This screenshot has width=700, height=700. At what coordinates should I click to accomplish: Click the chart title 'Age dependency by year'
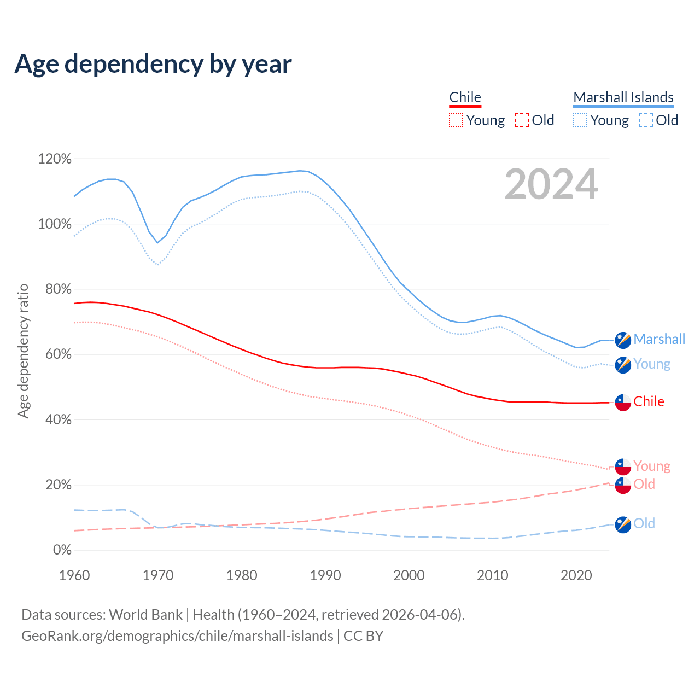(153, 64)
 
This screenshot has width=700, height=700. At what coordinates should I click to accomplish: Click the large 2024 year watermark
(551, 184)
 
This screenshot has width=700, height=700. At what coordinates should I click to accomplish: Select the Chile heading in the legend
(465, 97)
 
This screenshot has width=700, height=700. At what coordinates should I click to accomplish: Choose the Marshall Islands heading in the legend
(623, 97)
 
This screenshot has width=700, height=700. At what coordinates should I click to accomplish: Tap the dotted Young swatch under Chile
(456, 120)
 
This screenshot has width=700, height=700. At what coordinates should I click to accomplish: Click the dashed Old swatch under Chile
(522, 120)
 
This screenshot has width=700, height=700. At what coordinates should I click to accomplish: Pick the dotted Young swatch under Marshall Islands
(580, 120)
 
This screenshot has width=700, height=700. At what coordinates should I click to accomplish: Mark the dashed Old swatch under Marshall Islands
(646, 120)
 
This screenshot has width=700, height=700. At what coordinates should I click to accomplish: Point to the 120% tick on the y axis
(55, 159)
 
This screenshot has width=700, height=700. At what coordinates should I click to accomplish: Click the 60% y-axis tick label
(58, 354)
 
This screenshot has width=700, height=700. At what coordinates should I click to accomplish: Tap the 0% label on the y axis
(62, 550)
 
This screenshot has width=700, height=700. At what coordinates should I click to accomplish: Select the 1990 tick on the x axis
(325, 575)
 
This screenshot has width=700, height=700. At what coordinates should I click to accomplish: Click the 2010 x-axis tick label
(493, 575)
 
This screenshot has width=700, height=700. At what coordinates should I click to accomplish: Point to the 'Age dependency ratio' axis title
(23, 351)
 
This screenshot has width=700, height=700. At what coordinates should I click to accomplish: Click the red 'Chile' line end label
(649, 401)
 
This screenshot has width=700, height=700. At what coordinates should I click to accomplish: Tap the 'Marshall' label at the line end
(659, 339)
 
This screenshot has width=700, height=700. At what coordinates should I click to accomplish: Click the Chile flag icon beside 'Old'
(623, 485)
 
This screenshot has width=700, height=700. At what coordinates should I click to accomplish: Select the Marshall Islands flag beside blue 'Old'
(623, 524)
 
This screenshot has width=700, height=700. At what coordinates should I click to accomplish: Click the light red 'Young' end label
(652, 466)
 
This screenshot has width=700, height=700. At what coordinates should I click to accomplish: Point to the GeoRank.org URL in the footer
(177, 636)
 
